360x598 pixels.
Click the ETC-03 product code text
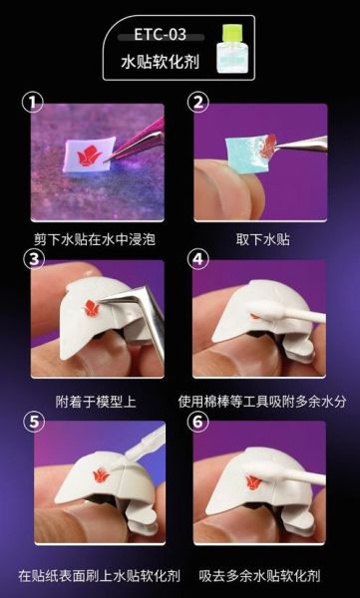(160, 35)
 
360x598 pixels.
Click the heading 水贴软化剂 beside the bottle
(160, 62)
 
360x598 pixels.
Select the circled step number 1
(33, 103)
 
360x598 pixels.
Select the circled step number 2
(198, 103)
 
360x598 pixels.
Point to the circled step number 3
(34, 259)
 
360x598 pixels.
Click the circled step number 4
(198, 259)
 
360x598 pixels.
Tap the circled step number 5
(34, 422)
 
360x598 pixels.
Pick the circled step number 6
(198, 422)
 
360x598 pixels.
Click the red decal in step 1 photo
(88, 156)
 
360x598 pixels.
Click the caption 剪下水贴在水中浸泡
(95, 239)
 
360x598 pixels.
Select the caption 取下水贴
(262, 239)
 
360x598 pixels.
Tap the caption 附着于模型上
(96, 402)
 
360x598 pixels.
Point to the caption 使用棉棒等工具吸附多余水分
(262, 402)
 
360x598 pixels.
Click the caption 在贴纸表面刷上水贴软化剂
(100, 575)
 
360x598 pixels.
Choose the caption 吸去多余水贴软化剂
(259, 575)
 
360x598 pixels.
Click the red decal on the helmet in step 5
(101, 475)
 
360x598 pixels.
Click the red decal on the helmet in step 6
(253, 482)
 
